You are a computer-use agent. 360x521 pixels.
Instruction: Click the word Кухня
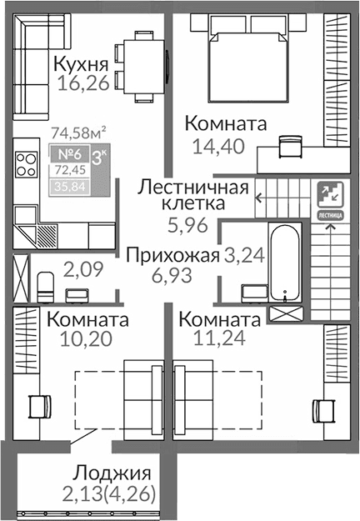point(82,64)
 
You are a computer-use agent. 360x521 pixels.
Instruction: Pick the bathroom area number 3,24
point(244,256)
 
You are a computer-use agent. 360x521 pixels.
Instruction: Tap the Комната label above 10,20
point(87,320)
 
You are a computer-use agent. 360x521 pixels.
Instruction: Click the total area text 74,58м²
point(77,131)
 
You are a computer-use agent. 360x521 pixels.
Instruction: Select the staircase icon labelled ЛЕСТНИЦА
point(330,198)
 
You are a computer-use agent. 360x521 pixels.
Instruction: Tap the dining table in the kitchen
point(141,61)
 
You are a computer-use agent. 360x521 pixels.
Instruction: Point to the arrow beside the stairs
point(260,198)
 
